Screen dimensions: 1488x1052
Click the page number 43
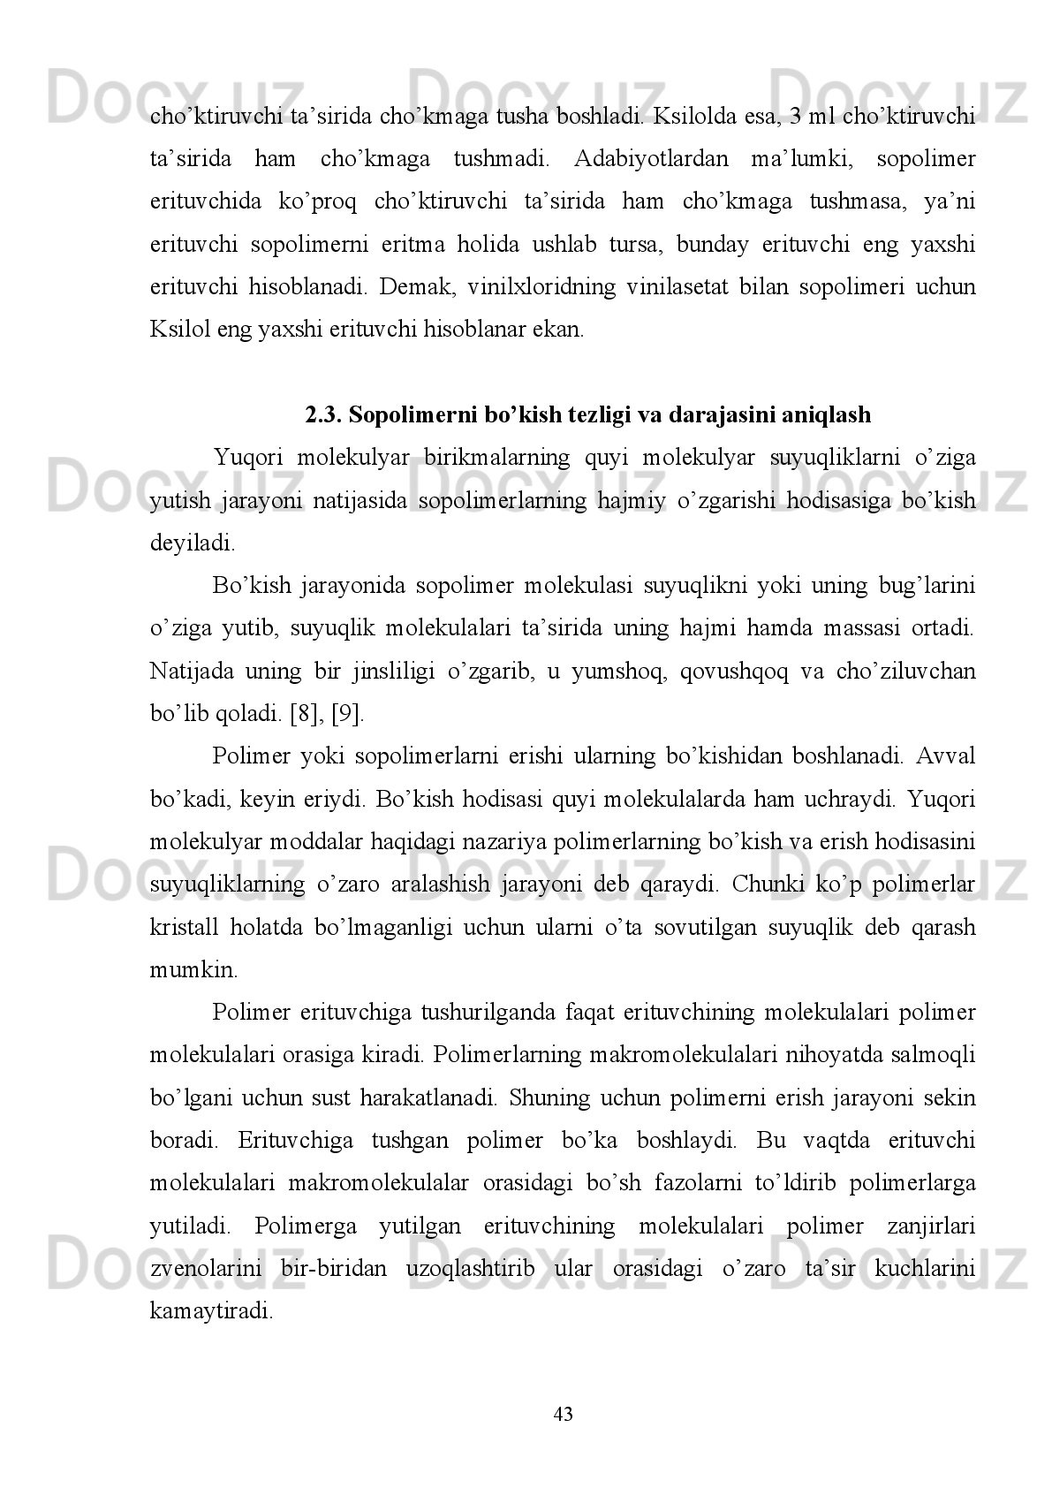click(563, 1415)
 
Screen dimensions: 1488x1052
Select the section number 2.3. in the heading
click(324, 414)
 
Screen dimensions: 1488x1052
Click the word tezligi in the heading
click(598, 414)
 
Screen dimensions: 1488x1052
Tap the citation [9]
click(346, 715)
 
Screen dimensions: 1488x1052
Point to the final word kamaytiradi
click(211, 1312)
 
